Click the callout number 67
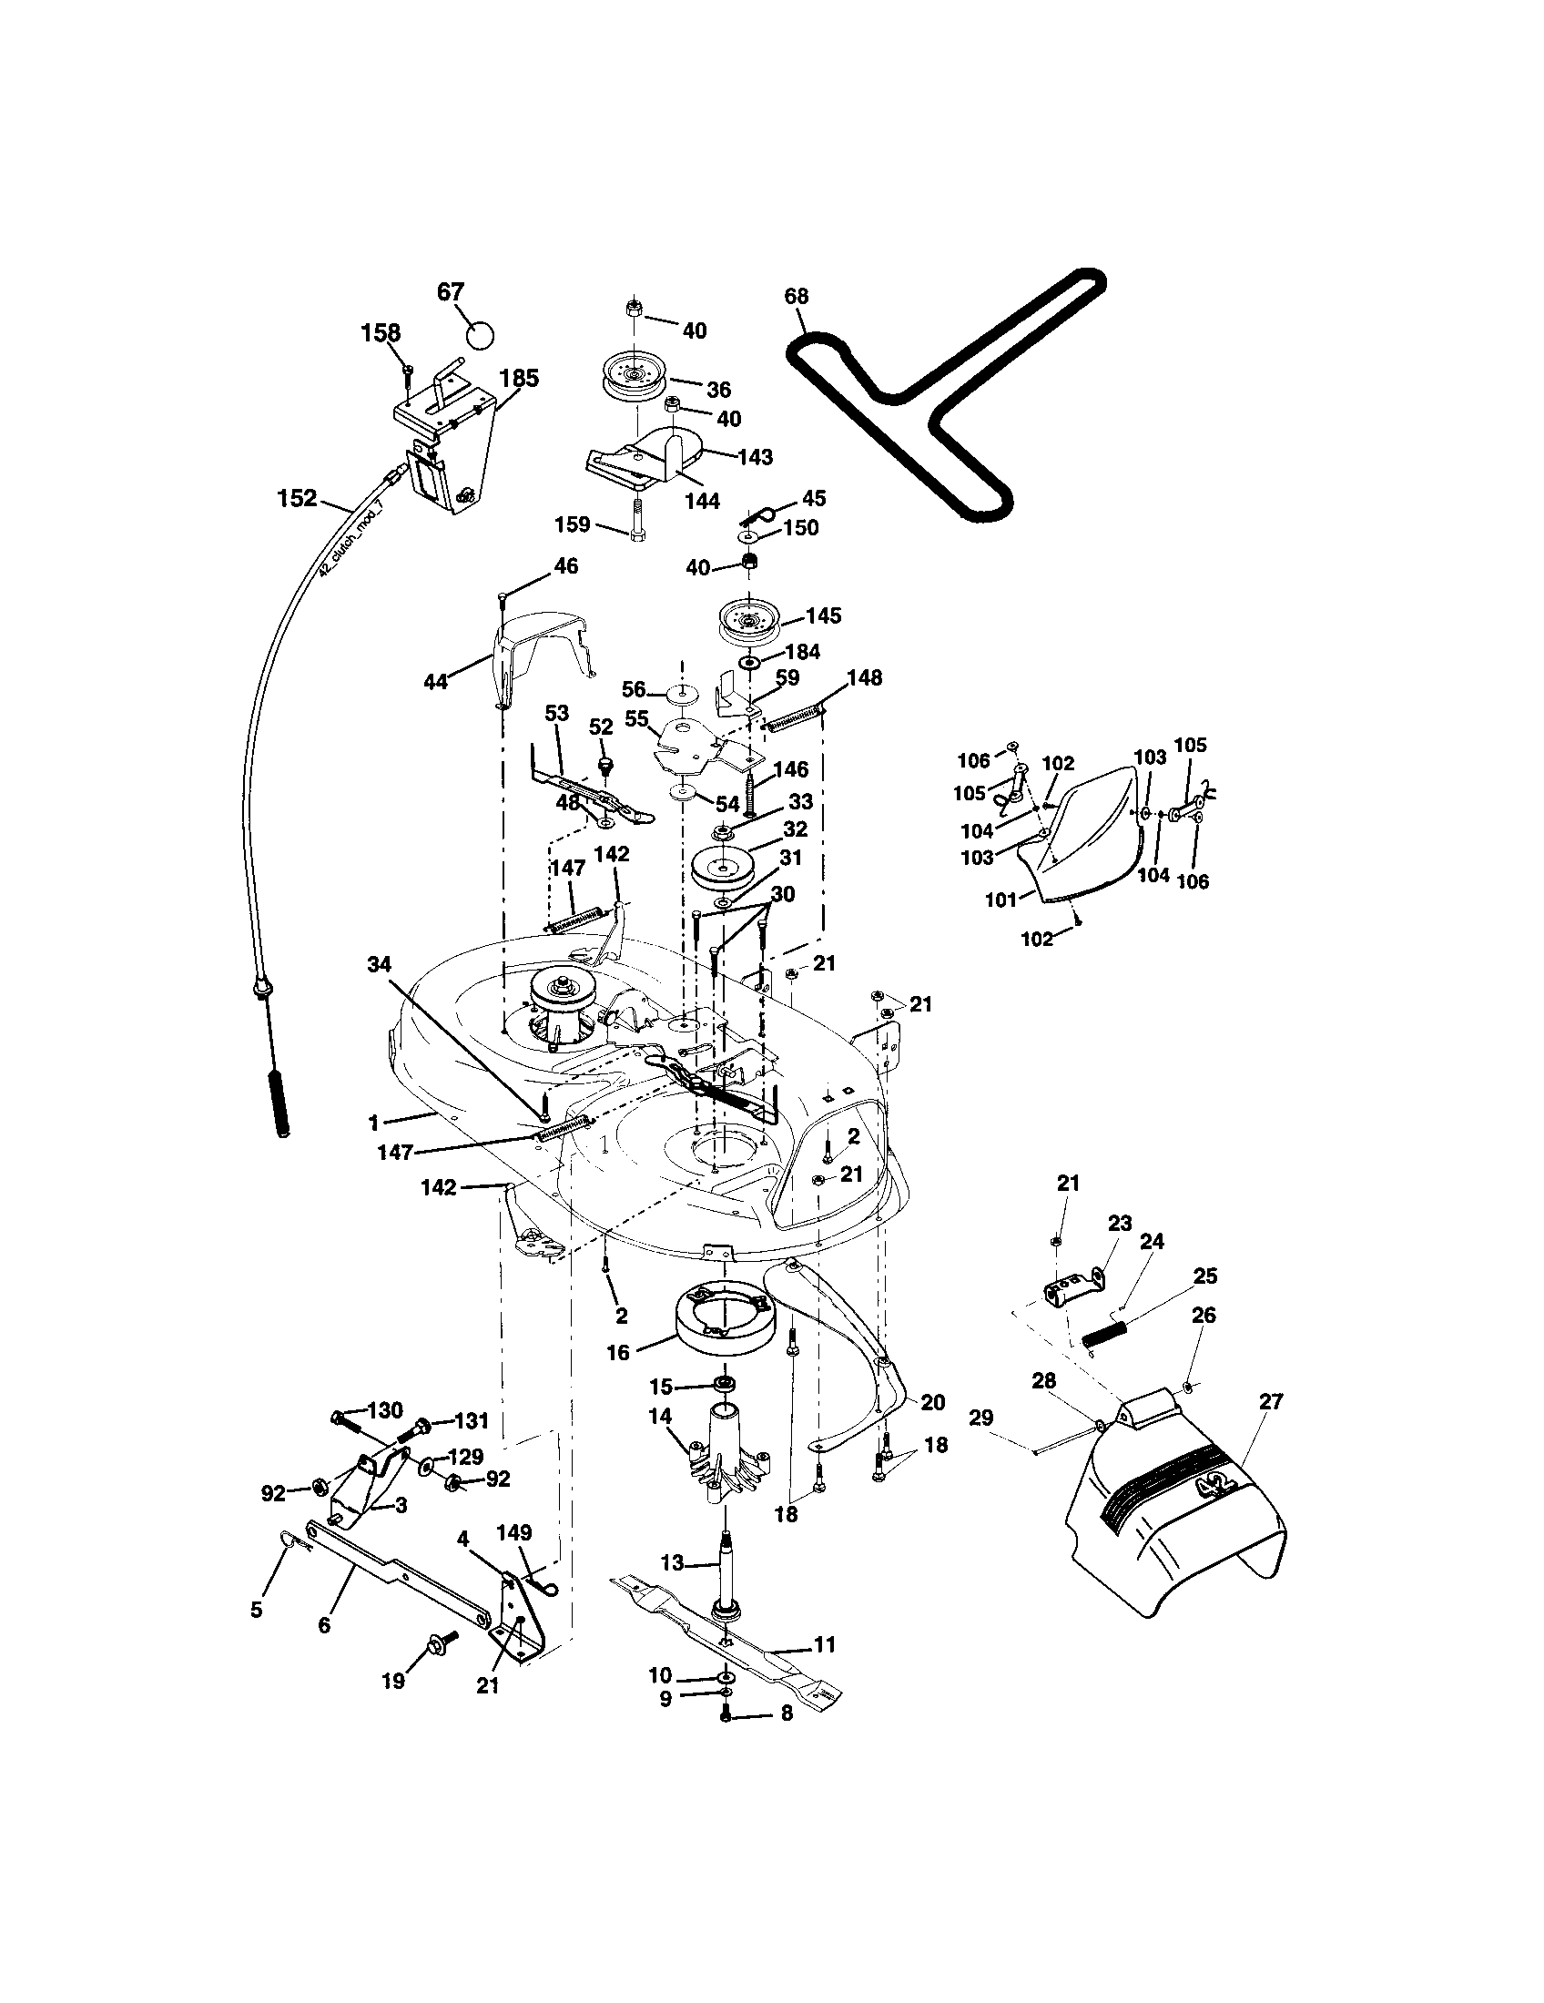pos(450,291)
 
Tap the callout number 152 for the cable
pos(297,498)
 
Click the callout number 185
pos(519,378)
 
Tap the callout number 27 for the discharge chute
pos(1272,1400)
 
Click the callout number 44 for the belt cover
pos(435,681)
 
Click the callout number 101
pos(1001,900)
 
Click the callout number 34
pos(379,964)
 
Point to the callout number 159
pos(573,525)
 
